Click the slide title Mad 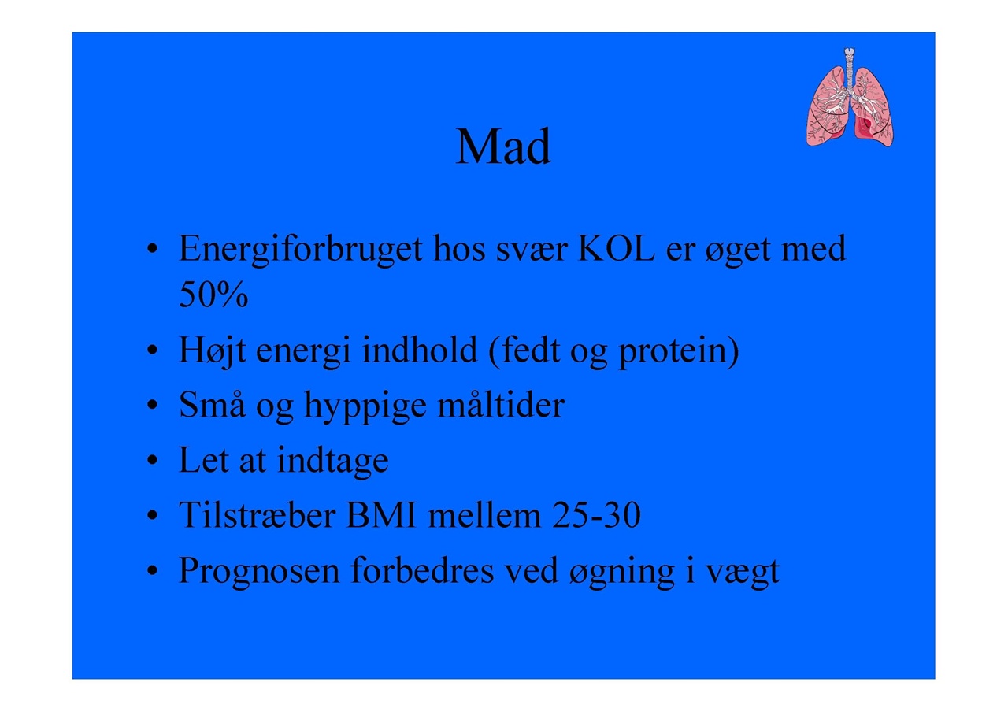pos(503,146)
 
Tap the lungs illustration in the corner pos(850,97)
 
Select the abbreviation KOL pos(616,248)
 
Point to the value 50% pos(213,294)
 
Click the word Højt pos(213,350)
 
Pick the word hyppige pos(365,406)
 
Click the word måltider pos(501,404)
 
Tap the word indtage pos(333,461)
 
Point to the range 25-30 pos(596,515)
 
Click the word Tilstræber pos(258,514)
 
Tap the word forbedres pos(422,569)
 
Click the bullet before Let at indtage pos(153,461)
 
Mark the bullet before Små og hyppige pos(153,405)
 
